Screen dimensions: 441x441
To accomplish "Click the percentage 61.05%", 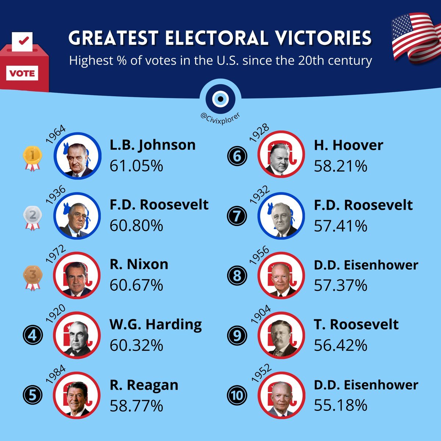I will click(x=136, y=166).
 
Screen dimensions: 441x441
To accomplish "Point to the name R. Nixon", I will click(x=139, y=264).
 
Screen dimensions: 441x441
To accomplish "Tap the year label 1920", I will click(x=55, y=313).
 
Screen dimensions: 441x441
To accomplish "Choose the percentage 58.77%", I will click(x=136, y=406).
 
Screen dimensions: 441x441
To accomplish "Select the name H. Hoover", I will click(x=348, y=145).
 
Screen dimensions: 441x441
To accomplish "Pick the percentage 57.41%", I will click(x=341, y=226).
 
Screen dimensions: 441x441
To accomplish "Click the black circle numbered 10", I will click(x=237, y=395).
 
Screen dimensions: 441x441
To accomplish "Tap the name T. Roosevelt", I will click(x=356, y=325).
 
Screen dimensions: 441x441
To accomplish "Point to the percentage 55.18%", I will click(x=341, y=405).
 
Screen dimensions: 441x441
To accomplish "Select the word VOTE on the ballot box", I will click(x=22, y=73).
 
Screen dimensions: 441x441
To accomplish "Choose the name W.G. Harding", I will click(x=156, y=325).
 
